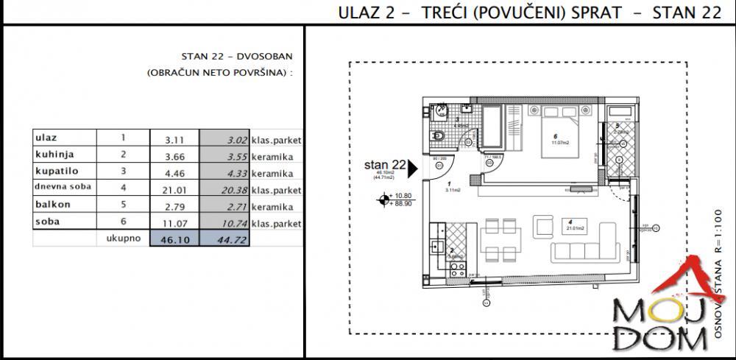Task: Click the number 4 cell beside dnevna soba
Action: point(123,188)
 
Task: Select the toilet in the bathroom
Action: point(437,135)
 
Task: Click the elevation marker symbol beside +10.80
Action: point(383,200)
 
